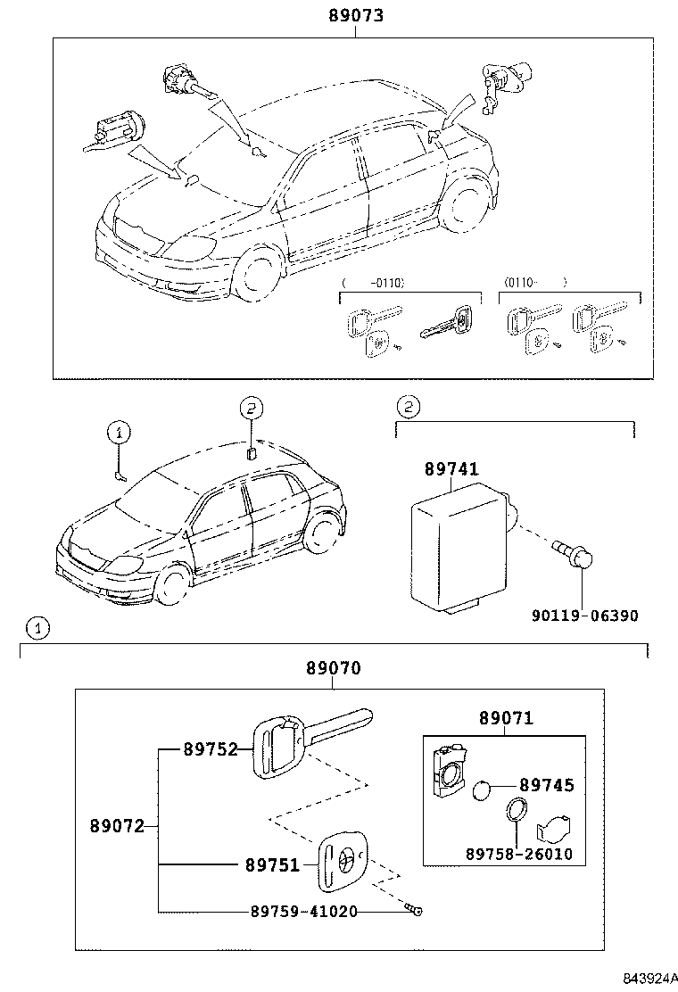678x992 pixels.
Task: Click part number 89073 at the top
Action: [355, 15]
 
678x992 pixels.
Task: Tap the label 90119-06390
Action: [586, 616]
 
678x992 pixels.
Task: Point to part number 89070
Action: [334, 668]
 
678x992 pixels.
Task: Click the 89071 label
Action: [506, 718]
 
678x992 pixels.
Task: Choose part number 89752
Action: [211, 749]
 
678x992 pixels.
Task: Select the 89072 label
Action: [117, 826]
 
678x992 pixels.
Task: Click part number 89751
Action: [273, 864]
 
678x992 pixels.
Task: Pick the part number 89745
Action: [547, 785]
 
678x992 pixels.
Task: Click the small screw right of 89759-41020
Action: [414, 910]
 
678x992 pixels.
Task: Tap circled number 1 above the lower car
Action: [120, 434]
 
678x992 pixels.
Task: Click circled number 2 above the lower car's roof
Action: [252, 409]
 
